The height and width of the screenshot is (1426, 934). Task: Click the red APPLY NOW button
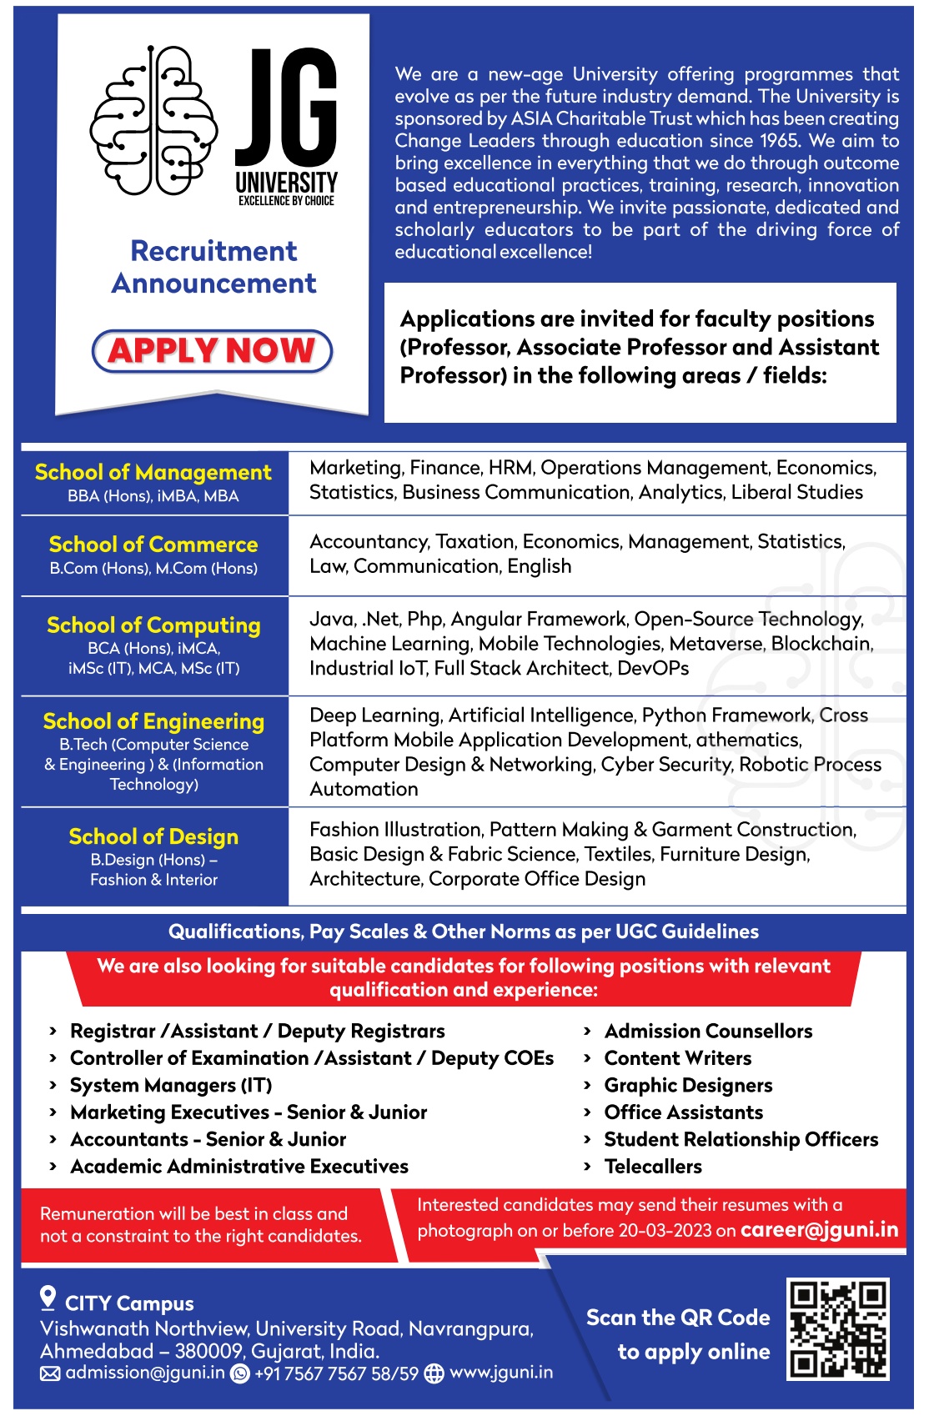(212, 350)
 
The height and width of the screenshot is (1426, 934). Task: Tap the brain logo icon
(153, 121)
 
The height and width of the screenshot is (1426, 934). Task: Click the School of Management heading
(153, 473)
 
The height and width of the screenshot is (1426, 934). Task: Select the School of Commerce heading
(153, 545)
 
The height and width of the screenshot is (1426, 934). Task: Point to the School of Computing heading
(153, 625)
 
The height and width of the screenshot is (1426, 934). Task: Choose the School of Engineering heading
(153, 721)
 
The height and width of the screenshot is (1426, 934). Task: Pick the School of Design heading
(153, 836)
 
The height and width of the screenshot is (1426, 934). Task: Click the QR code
(837, 1328)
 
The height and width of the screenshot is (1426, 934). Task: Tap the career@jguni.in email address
(819, 1230)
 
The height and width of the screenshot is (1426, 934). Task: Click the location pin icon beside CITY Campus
(48, 1298)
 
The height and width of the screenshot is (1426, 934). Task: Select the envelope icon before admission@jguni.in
(50, 1373)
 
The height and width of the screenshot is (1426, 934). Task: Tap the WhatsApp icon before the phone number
(240, 1373)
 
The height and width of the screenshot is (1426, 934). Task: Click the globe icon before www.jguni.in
(434, 1373)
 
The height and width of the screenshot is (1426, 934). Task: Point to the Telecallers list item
(653, 1167)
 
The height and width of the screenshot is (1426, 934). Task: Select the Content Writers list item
(677, 1058)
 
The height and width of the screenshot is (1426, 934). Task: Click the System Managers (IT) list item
(171, 1086)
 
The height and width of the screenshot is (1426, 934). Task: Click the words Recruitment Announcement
(214, 267)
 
